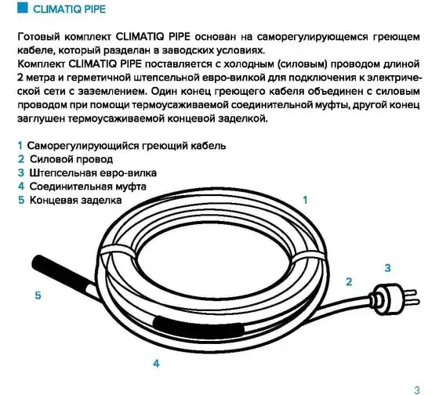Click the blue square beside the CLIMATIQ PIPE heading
click(23, 8)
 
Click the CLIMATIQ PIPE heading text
click(70, 9)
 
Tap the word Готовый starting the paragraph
click(39, 37)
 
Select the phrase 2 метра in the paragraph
click(36, 78)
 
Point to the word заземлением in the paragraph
click(111, 92)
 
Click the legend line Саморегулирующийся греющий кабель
click(126, 146)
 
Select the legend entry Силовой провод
click(71, 159)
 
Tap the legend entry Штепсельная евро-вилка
click(93, 173)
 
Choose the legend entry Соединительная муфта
click(88, 187)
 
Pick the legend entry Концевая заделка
click(75, 201)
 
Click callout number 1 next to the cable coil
click(305, 200)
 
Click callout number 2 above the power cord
click(349, 281)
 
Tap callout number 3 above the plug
click(387, 268)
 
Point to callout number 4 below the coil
click(156, 364)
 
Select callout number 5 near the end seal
click(38, 295)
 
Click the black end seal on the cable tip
click(60, 271)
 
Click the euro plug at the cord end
click(394, 299)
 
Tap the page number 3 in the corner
click(417, 390)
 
